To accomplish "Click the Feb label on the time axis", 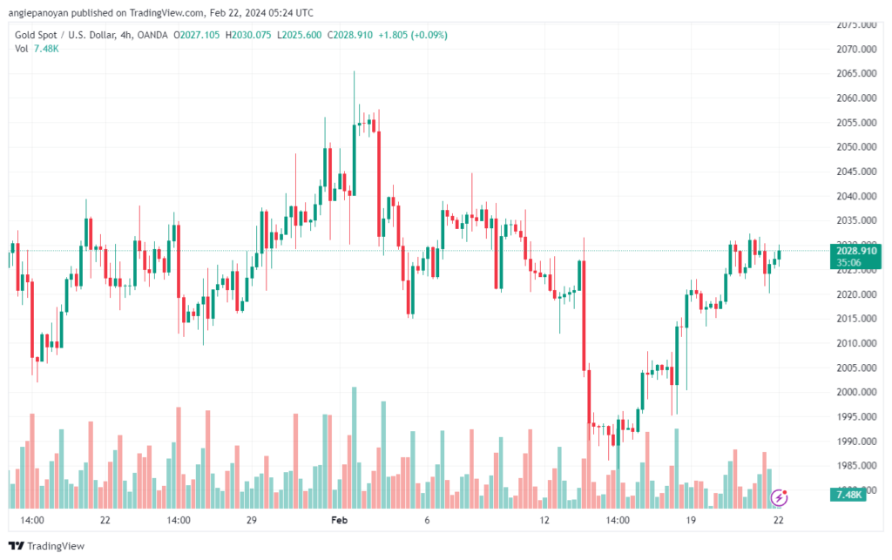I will (339, 520).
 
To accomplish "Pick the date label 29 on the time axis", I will (251, 520).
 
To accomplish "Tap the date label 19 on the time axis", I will (690, 520).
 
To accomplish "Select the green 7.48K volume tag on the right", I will (848, 495).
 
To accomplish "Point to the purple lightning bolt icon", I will (780, 497).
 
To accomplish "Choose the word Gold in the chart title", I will (26, 35).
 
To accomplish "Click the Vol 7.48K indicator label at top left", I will (37, 49).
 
